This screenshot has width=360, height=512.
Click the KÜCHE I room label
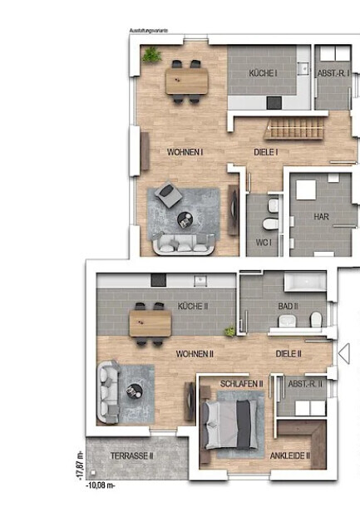point(264,74)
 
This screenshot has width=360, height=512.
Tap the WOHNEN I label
point(185,152)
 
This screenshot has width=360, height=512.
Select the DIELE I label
point(265,152)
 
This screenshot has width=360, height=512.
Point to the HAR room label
point(320,216)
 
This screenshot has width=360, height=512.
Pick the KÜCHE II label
point(193,307)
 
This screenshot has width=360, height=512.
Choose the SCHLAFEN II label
point(242,384)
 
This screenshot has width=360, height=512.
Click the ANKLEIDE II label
point(289,455)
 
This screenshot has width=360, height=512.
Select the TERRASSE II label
point(133,456)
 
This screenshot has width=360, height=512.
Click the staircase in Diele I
point(291,130)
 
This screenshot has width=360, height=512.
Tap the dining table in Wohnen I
point(186,81)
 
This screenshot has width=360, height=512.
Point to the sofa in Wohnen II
point(107,391)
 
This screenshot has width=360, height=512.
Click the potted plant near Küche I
point(151,55)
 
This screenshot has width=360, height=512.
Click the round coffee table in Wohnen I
point(185,220)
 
